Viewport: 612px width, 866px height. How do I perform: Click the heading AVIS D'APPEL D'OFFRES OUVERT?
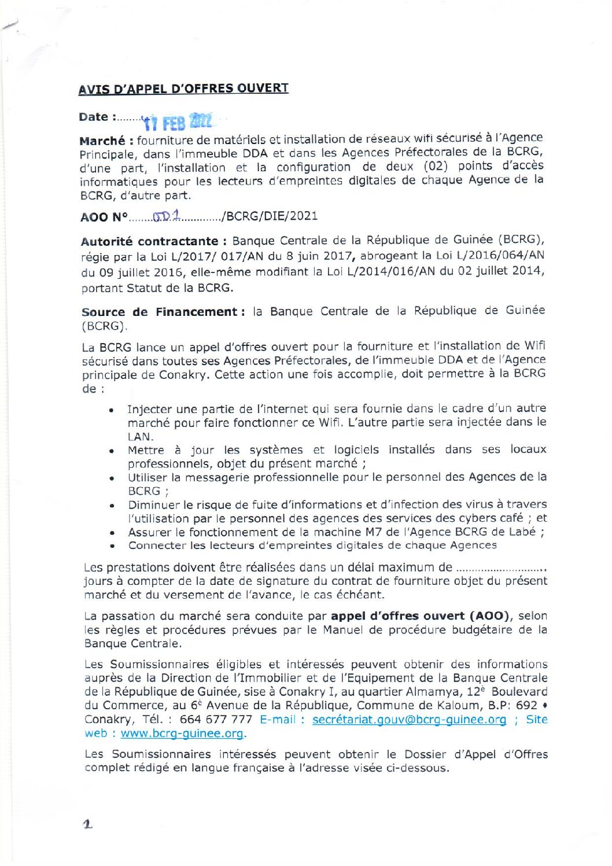(x=183, y=89)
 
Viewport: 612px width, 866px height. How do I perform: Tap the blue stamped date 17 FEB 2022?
(x=178, y=122)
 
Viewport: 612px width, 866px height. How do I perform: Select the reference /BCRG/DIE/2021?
(x=270, y=216)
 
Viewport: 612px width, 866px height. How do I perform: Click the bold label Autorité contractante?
(x=149, y=241)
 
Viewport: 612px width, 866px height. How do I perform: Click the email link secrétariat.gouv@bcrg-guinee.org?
(x=409, y=720)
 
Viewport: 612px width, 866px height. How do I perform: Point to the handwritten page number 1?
(x=87, y=824)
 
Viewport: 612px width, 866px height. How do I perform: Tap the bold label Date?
(x=94, y=117)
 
